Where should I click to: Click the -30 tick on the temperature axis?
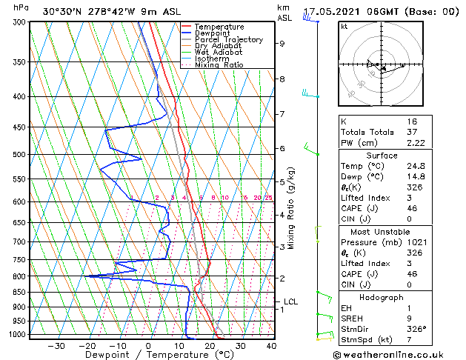pos(56,345)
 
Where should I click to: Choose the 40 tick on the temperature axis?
pos(271,345)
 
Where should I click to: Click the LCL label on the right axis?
pos(290,301)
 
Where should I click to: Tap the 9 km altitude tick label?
pos(282,43)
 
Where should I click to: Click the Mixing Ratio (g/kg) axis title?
pos(291,208)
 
